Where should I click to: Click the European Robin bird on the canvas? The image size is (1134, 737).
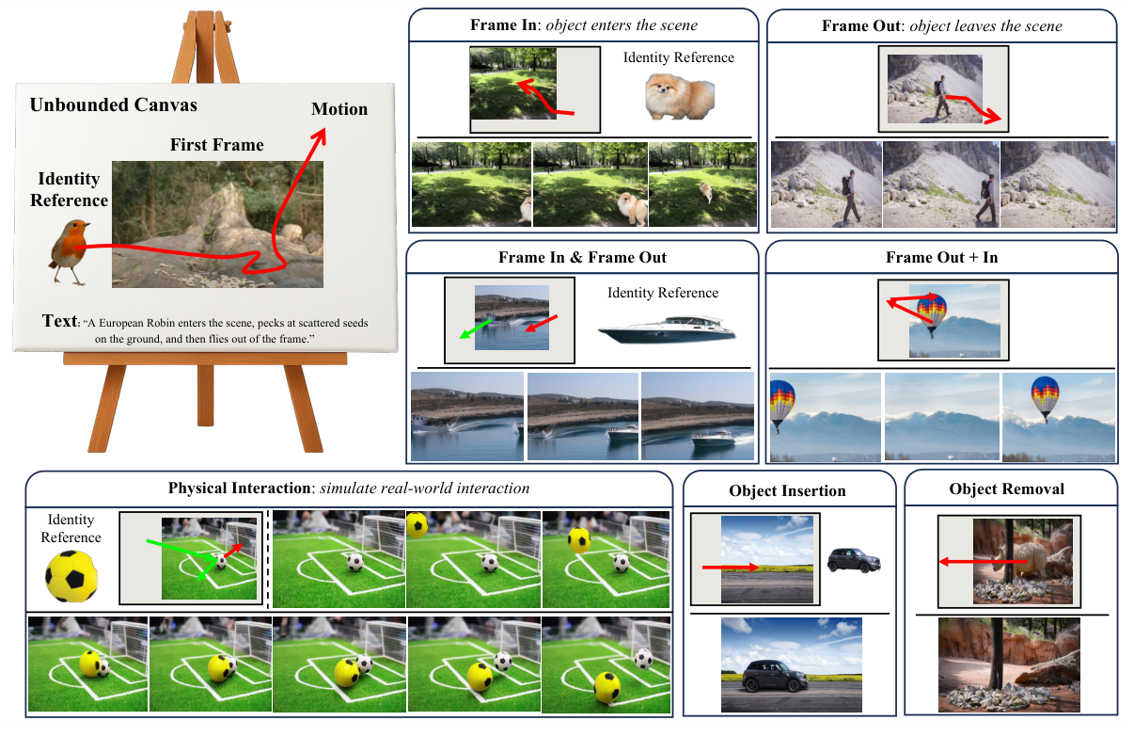click(71, 249)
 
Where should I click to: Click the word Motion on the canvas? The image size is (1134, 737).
click(339, 109)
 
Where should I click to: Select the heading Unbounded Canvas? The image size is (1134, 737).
click(113, 104)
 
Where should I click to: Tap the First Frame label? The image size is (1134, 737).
click(216, 145)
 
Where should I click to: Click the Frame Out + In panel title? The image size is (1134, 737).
click(941, 257)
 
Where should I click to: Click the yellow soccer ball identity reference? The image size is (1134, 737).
click(71, 576)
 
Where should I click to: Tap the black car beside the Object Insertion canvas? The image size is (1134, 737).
click(854, 561)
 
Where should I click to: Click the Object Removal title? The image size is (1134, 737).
click(1011, 489)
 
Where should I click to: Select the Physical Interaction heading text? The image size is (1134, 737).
click(348, 488)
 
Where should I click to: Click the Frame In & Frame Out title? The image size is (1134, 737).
click(582, 257)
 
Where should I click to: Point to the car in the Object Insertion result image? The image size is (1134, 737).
click(774, 676)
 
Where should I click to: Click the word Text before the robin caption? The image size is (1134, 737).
click(58, 321)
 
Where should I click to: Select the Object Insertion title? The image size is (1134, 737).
click(787, 490)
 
